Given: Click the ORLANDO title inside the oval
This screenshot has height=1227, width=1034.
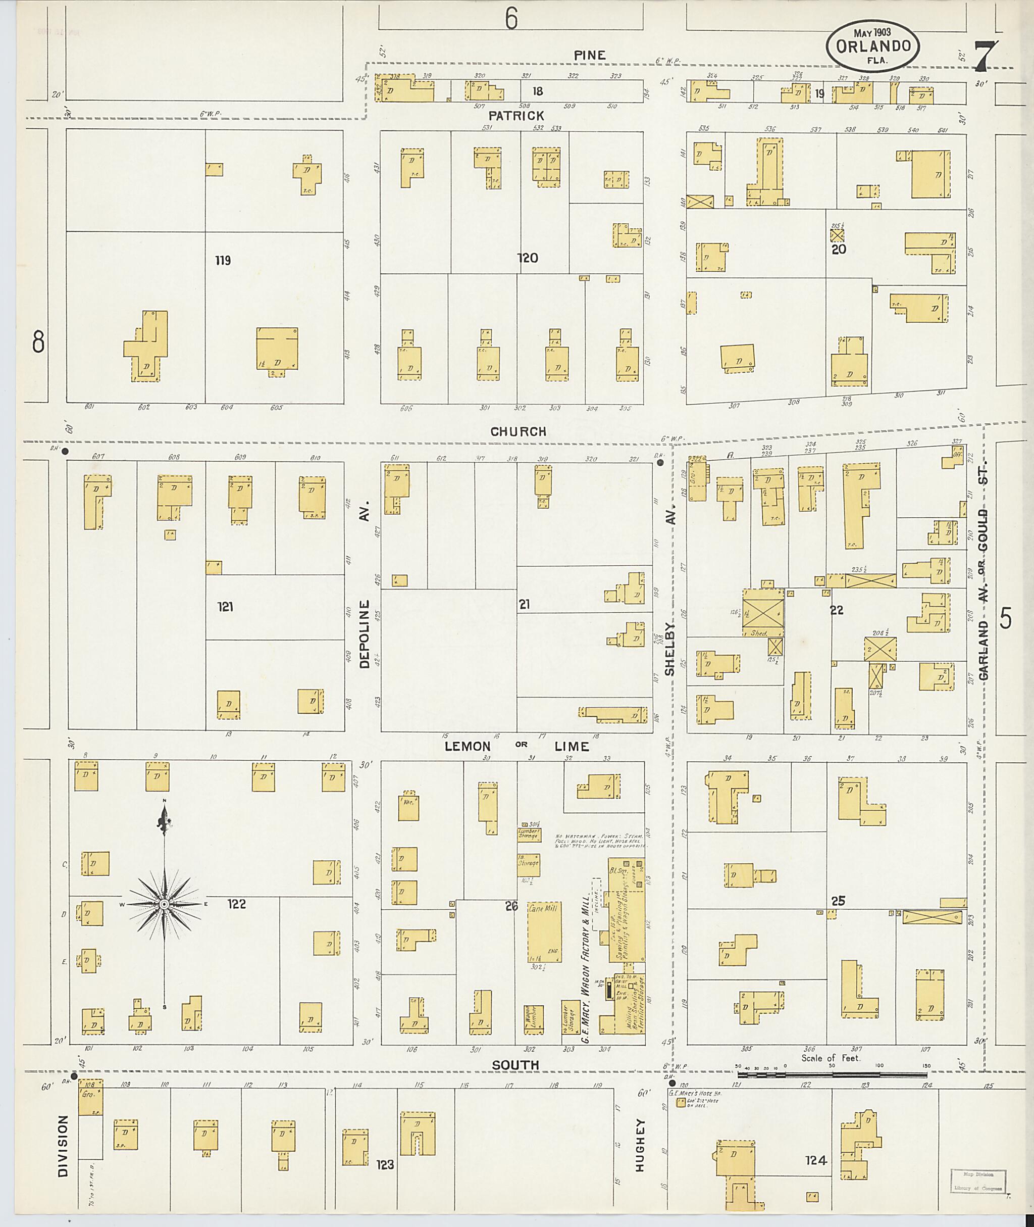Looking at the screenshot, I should pos(873,46).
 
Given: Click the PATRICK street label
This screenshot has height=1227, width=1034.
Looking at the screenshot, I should pos(516,116).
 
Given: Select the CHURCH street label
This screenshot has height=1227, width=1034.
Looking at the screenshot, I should pos(518,432).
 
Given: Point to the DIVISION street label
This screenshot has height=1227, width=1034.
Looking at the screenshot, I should pos(63,1145).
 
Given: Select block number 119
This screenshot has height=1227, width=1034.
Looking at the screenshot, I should pos(223,261).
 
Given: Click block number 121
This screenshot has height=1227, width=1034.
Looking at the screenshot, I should pos(226,607).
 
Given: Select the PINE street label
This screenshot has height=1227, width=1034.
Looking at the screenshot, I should pos(590,55).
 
